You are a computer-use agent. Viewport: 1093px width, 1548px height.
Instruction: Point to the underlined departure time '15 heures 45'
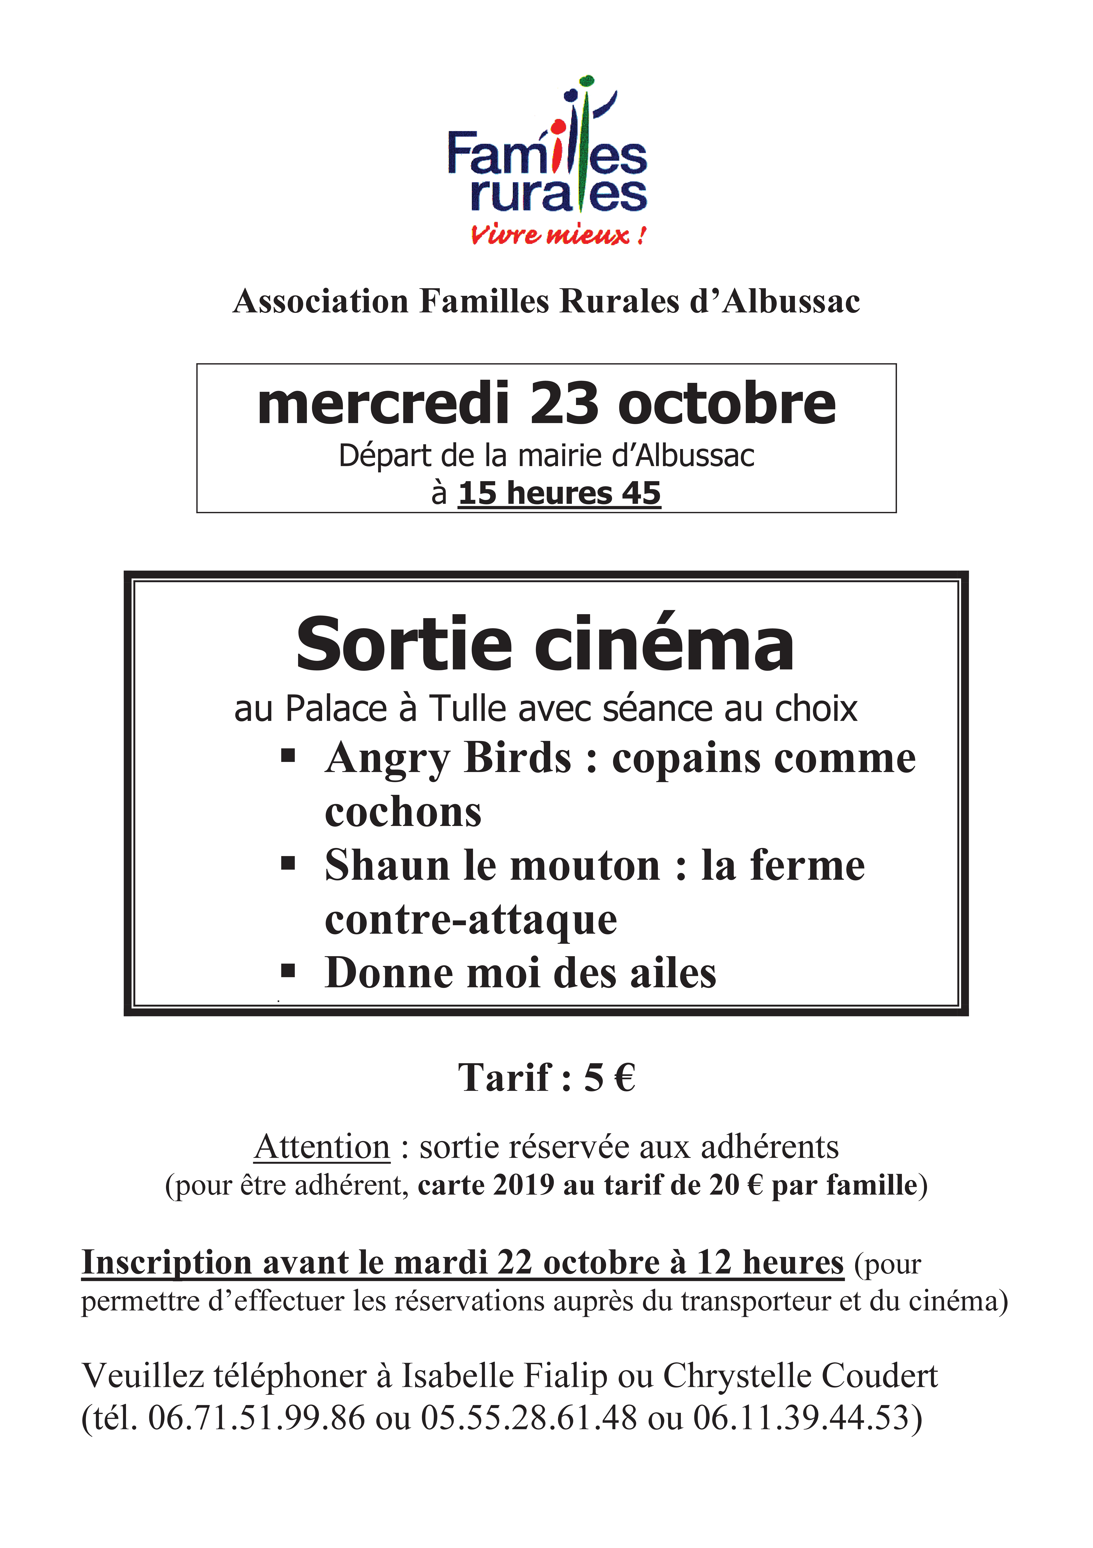559,493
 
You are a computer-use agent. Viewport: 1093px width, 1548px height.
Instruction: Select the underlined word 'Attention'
322,1147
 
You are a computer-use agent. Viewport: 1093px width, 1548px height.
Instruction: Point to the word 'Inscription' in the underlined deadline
166,1262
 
